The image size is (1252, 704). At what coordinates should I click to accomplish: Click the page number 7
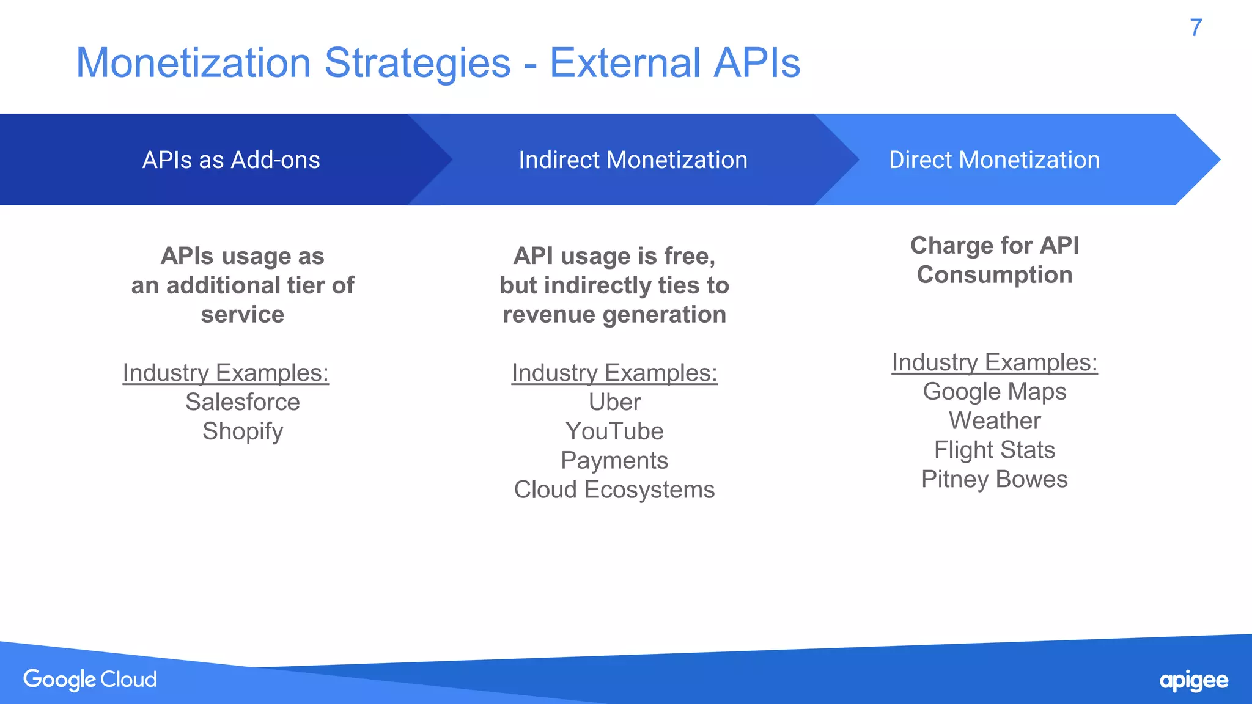coord(1196,28)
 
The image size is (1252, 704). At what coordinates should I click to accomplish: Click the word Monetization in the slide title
coord(193,63)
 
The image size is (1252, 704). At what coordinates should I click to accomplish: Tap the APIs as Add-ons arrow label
coord(231,160)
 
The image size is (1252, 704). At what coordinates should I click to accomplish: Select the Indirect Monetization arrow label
coord(633,160)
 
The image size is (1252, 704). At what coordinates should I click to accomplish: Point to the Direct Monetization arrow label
coord(994,160)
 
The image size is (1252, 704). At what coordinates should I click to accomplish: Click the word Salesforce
coord(243,402)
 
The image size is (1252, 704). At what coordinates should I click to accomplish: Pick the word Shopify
coord(243,431)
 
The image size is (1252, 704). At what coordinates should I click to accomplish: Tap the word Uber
coord(614,402)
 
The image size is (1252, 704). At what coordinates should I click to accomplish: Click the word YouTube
coord(614,431)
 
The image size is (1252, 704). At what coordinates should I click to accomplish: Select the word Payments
coord(614,461)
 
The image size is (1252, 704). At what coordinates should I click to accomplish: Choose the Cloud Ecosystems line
coord(614,490)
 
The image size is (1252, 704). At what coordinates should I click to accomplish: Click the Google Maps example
coord(994,392)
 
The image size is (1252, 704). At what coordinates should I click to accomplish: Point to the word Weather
coord(994,421)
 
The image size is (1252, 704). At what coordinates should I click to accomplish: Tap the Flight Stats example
coord(994,450)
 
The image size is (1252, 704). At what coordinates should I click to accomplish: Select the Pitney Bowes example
coord(994,480)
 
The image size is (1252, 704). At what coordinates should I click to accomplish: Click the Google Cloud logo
coord(90,680)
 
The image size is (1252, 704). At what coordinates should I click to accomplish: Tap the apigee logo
coord(1193,681)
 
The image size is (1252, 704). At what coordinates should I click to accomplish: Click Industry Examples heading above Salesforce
coord(226,373)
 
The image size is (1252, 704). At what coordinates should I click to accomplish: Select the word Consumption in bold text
coord(994,275)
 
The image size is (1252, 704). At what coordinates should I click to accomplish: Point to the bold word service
coord(243,315)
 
